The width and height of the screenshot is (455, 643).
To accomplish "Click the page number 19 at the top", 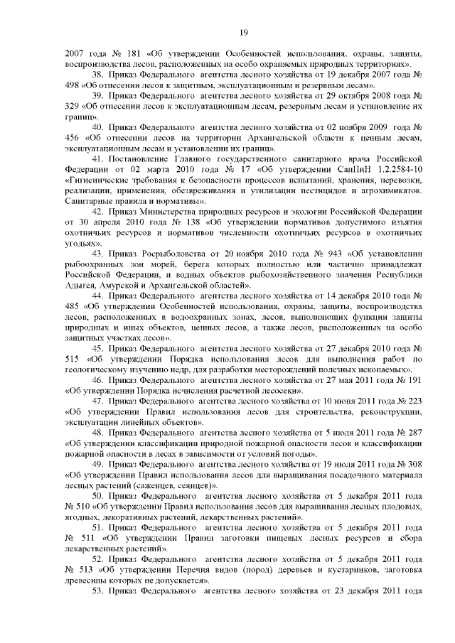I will coord(243,32).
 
